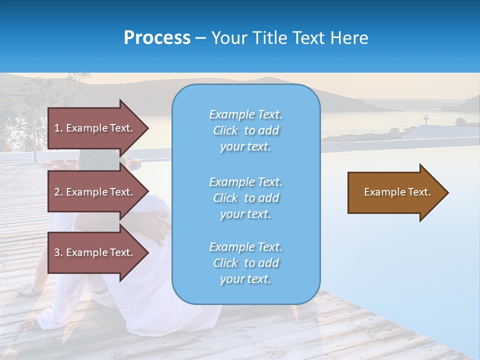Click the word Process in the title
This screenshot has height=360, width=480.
[157, 38]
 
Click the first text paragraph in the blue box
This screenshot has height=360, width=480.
[245, 130]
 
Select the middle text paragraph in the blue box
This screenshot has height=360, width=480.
[245, 198]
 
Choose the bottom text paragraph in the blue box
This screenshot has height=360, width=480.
[245, 263]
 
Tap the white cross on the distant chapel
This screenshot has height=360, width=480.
[426, 120]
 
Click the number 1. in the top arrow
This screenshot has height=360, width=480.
[58, 128]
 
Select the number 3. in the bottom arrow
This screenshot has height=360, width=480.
[58, 252]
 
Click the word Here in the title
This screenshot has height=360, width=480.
[349, 38]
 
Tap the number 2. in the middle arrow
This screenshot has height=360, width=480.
[58, 192]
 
